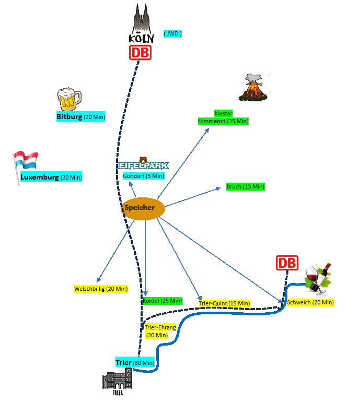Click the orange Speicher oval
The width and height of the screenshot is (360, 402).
pos(144,208)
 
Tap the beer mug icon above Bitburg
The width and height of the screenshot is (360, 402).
pos(69,99)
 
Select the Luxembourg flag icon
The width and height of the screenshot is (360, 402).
pos(25,161)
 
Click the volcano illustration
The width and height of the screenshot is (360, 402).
pos(253,88)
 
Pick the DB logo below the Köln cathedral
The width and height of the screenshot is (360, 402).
pos(140,52)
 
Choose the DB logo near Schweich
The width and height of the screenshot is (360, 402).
pos(286,263)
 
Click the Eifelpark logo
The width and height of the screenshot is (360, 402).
pos(143,164)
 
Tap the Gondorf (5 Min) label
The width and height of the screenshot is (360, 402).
pos(144,176)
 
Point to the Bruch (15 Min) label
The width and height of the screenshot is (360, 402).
pos(245,186)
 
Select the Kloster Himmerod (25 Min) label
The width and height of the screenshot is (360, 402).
pos(223,117)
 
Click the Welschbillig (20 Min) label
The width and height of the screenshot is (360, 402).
pos(101,289)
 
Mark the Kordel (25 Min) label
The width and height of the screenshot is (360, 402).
pos(162,301)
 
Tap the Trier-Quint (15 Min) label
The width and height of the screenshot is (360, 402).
pos(224,303)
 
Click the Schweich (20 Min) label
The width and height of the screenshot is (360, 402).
pos(310,302)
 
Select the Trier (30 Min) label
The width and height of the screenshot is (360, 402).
pos(135,362)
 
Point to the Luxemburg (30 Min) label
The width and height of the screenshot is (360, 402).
pos(51,178)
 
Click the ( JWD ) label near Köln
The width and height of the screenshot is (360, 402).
pos(172,34)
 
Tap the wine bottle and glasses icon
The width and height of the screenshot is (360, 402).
pos(318,277)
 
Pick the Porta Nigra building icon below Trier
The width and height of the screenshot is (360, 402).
pos(117,381)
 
